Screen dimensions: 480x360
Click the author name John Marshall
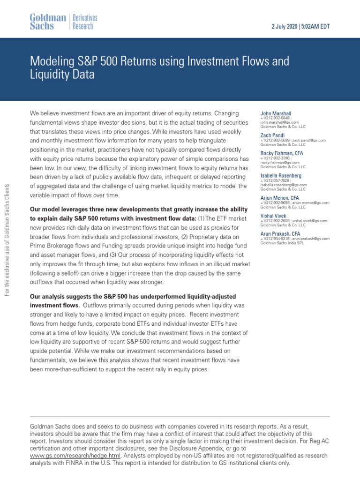click(x=276, y=113)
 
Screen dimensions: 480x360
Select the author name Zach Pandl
click(x=273, y=135)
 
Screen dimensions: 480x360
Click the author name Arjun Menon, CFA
click(x=280, y=198)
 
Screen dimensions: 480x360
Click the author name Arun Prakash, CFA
click(x=281, y=233)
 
